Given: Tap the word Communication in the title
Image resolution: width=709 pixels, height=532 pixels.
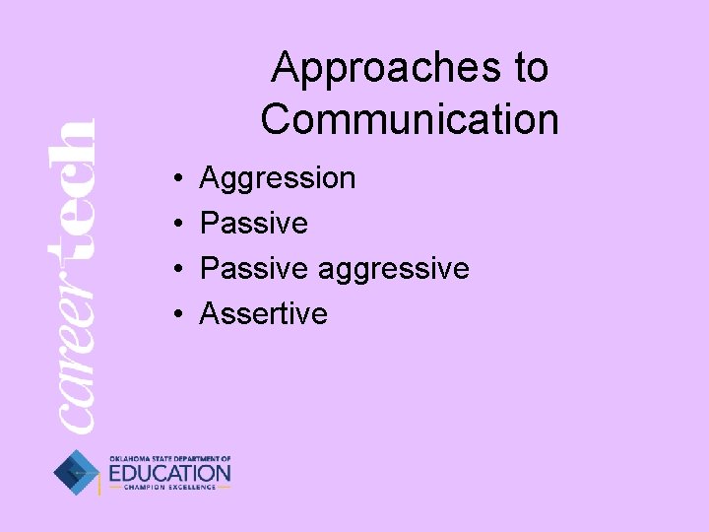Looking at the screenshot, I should pyautogui.click(x=410, y=119).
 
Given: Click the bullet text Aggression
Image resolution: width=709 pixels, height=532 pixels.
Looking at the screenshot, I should pyautogui.click(x=278, y=179).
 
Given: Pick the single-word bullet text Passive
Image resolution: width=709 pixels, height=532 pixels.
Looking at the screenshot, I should pyautogui.click(x=254, y=224).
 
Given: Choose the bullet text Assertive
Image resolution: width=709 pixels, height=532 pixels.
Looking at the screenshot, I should pyautogui.click(x=263, y=313).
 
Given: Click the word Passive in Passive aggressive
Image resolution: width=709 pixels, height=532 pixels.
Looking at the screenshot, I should pyautogui.click(x=254, y=268).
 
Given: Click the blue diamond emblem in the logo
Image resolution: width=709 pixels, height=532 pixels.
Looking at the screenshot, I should pyautogui.click(x=76, y=473).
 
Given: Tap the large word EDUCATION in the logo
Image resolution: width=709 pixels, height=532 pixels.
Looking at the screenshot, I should pyautogui.click(x=169, y=474).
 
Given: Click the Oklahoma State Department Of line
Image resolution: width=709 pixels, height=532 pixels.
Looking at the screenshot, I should pyautogui.click(x=169, y=458).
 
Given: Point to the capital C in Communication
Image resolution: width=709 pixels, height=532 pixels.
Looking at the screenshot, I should pyautogui.click(x=277, y=119).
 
